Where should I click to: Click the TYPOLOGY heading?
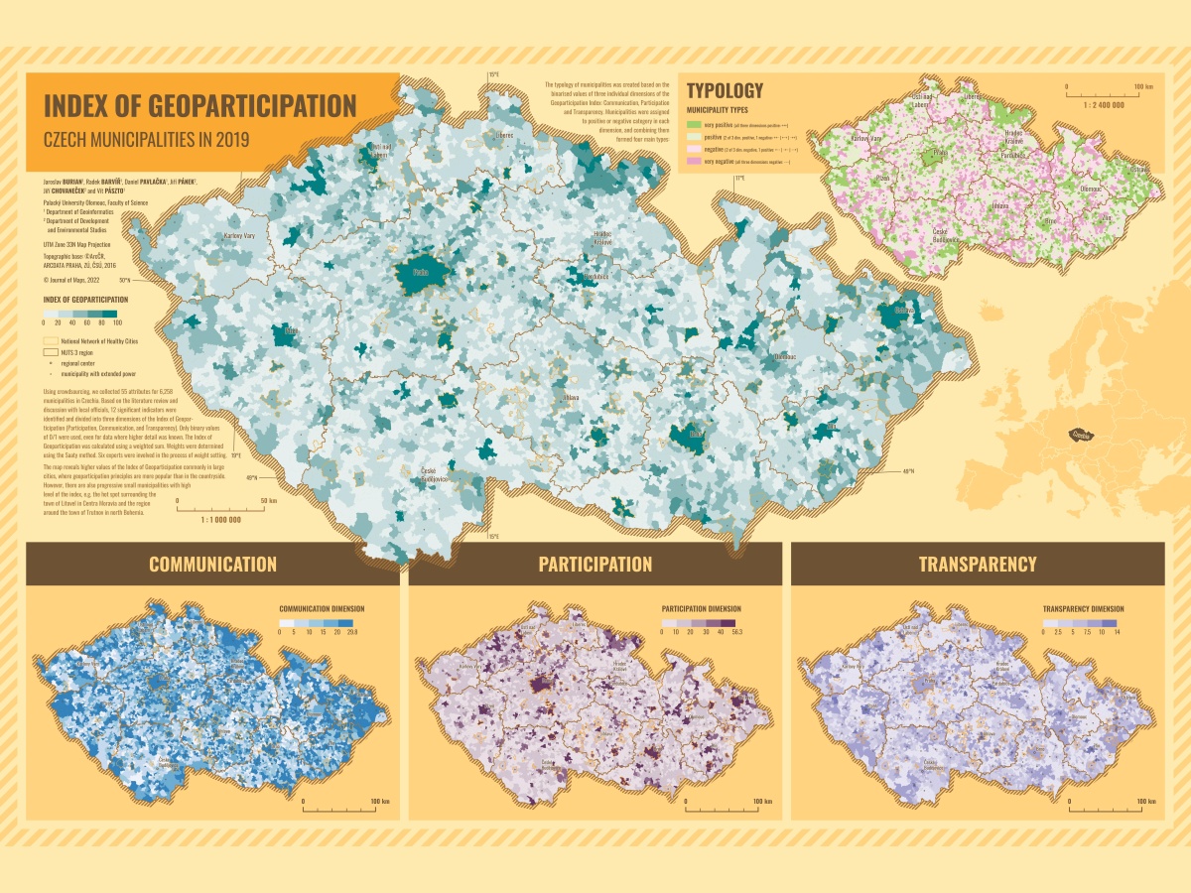pos(726,90)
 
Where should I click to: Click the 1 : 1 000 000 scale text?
pos(221,519)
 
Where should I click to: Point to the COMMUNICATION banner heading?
pos(212,565)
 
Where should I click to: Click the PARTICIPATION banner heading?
pos(595,565)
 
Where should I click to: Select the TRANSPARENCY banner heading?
pos(978,565)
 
